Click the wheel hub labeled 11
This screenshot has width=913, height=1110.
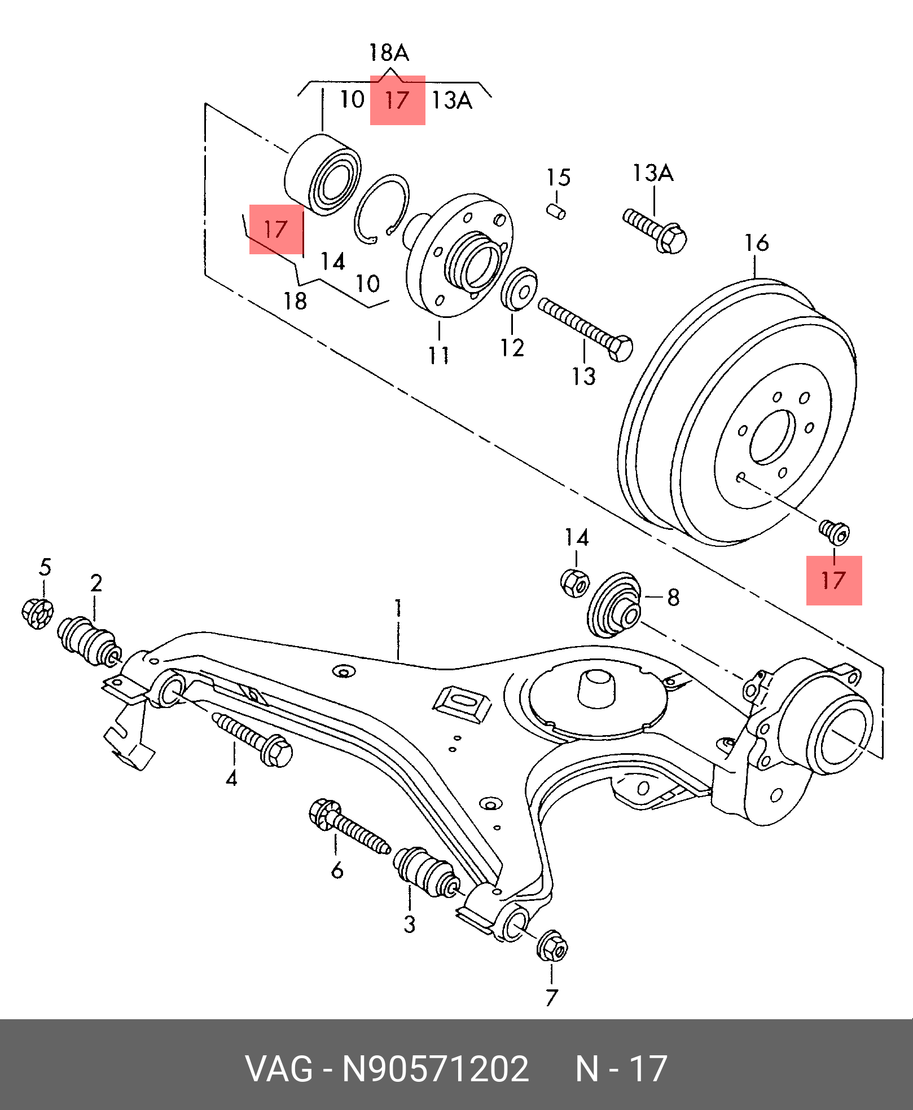[x=460, y=257]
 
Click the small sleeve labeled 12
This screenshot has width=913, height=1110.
[x=519, y=289]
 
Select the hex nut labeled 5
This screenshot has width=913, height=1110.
[x=38, y=613]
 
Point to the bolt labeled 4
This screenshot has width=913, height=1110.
[x=253, y=739]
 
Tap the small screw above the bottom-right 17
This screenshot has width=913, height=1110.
[x=834, y=531]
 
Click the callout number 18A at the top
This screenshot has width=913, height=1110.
[x=389, y=53]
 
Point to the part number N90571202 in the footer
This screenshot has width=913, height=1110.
[x=436, y=1068]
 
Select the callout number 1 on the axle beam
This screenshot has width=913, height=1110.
[x=398, y=609]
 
